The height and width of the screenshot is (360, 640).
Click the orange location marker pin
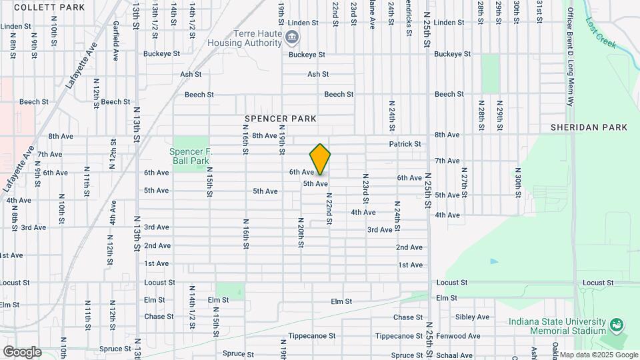click(321, 159)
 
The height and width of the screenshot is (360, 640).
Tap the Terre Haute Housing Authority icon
click(292, 36)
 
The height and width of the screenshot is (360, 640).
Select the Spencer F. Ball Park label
click(192, 155)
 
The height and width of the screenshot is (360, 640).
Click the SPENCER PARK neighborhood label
click(280, 119)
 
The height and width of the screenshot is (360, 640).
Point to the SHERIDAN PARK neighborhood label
click(589, 127)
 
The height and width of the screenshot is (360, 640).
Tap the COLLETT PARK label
click(49, 7)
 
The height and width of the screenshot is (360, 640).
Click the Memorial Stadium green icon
click(617, 325)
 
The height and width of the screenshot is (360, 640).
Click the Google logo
click(22, 351)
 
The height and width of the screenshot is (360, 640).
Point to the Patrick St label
click(405, 143)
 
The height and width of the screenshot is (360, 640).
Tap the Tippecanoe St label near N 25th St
click(397, 336)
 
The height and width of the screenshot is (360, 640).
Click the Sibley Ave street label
click(473, 317)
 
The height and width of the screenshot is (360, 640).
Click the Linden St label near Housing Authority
click(303, 23)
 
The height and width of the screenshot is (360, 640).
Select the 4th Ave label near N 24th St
click(363, 212)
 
